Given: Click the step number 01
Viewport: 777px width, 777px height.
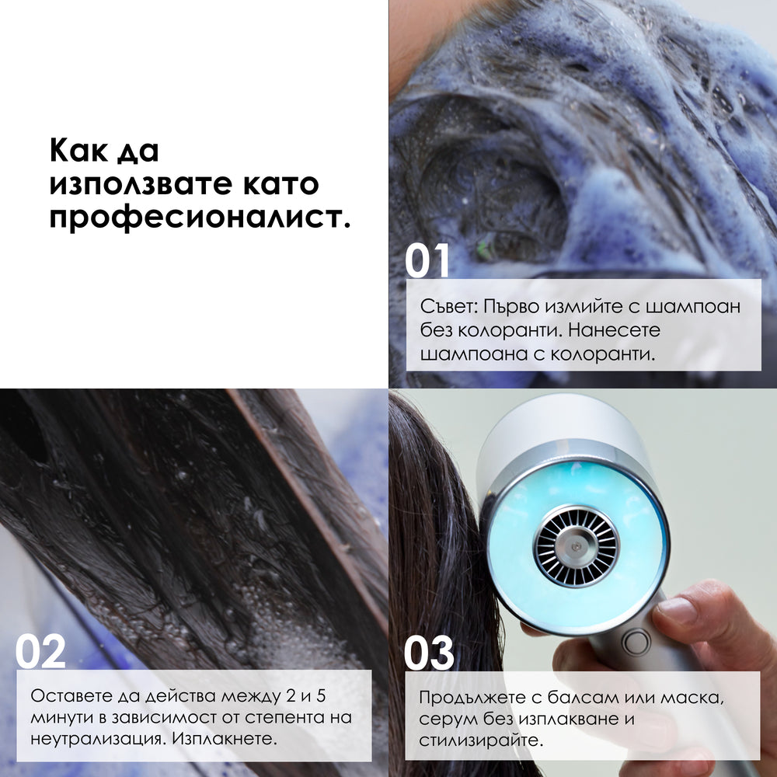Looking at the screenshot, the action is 427,260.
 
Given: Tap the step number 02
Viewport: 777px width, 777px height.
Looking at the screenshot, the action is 40,651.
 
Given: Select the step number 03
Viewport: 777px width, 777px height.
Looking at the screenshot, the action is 429,653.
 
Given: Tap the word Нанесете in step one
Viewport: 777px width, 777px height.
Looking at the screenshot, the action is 614,330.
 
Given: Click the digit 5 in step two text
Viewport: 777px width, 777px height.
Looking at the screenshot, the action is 321,695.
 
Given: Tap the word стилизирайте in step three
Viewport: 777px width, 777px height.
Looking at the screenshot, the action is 479,740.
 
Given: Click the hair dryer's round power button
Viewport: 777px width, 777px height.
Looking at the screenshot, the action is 636,643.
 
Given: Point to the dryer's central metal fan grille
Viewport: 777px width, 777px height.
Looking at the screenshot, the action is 577,546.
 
